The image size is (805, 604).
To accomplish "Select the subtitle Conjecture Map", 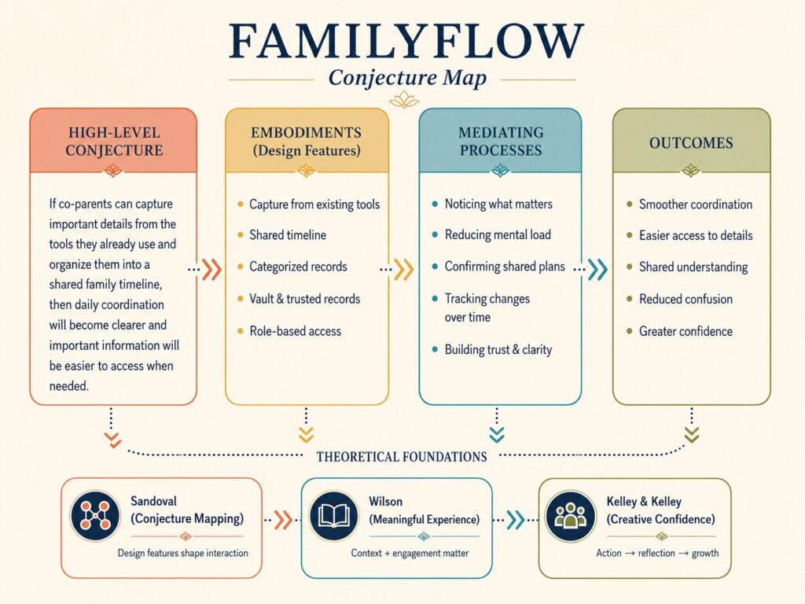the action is click(x=407, y=78).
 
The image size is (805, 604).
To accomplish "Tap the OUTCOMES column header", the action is click(x=691, y=143).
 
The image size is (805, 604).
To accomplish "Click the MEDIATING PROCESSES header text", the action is click(x=501, y=142).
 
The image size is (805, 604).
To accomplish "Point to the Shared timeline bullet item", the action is click(x=288, y=235).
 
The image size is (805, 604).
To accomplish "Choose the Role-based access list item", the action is click(x=296, y=331).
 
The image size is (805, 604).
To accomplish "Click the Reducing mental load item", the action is click(x=498, y=234).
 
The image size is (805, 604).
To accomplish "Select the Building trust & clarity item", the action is click(x=498, y=350).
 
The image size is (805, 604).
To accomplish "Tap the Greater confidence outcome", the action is click(x=686, y=331).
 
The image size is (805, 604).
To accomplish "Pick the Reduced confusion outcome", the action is click(x=686, y=299).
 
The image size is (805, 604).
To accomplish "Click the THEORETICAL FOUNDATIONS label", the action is click(x=402, y=457).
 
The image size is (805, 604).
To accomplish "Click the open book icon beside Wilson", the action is click(x=333, y=516).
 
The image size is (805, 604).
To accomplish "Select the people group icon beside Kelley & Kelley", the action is click(x=571, y=516).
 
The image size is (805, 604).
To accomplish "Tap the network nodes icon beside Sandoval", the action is click(x=95, y=516).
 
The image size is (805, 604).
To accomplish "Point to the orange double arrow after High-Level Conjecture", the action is click(x=211, y=269).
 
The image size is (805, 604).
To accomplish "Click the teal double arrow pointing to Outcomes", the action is click(x=597, y=269).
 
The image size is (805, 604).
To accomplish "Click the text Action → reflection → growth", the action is click(x=657, y=553).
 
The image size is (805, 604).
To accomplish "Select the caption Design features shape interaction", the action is click(x=182, y=553).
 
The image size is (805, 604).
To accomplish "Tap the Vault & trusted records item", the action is click(x=304, y=299).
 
